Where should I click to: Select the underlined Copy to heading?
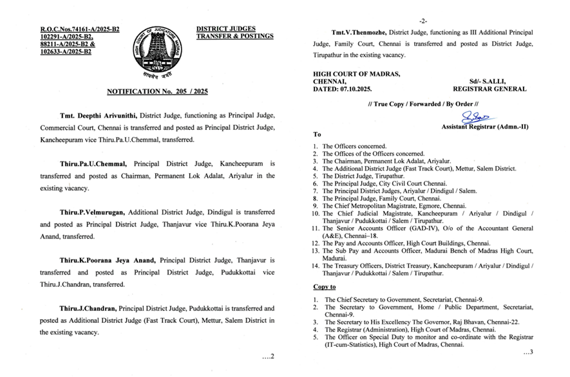(x=325, y=286)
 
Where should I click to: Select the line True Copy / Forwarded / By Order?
(x=422, y=104)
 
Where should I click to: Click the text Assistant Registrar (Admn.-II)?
(x=484, y=127)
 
